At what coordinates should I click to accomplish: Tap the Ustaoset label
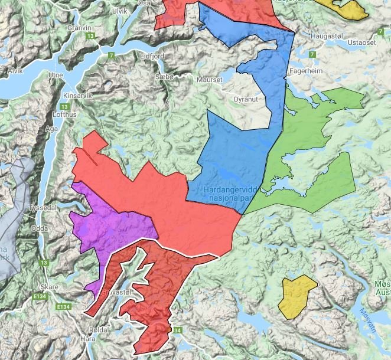[x=361, y=42]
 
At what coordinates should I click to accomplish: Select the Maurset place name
[x=210, y=80]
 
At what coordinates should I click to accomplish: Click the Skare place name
[x=51, y=286]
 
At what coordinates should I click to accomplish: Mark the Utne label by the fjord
[x=56, y=76]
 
